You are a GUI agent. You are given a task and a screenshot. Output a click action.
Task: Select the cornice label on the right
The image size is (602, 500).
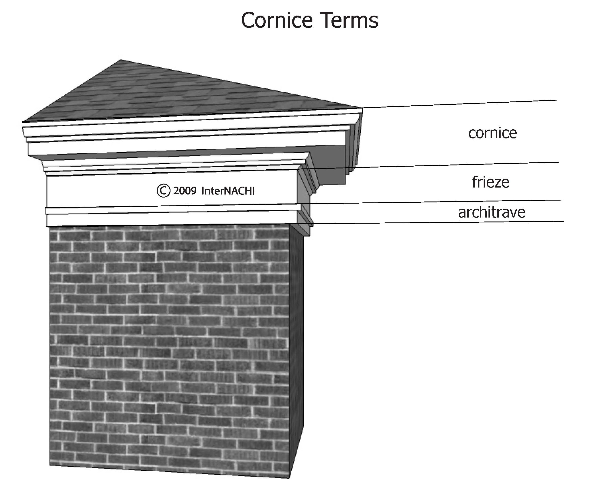coord(492,133)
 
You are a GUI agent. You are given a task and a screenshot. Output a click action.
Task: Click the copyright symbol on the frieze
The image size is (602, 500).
coord(163,191)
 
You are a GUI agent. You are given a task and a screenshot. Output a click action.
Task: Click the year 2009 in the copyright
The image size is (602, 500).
coord(185,191)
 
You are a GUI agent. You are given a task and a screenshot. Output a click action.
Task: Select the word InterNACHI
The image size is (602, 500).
coord(228,191)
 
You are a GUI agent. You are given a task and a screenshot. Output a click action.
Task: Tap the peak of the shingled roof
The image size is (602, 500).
coord(121,60)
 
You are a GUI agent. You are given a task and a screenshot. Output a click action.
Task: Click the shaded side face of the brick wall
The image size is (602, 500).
coord(296,344)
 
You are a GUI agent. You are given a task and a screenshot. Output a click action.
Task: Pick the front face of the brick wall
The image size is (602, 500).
coord(169,344)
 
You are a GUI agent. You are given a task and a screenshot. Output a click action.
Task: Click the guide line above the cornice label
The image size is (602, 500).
coord(459,104)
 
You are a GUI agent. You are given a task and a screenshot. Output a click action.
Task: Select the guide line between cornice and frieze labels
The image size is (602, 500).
coord(459,165)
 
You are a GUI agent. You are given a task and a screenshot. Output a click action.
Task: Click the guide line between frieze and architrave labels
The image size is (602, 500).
coord(459,201)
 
